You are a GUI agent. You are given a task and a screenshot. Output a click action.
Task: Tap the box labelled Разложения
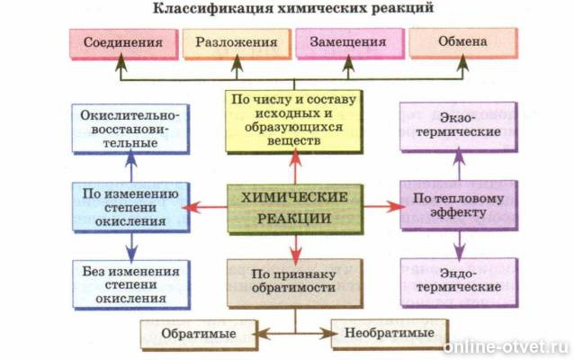[x=235, y=43]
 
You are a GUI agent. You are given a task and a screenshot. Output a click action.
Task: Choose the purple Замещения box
[x=347, y=43]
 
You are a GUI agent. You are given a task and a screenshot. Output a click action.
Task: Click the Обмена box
[x=462, y=43]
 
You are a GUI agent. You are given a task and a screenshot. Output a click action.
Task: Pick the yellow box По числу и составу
[x=292, y=121]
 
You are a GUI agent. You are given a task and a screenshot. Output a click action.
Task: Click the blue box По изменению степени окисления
[x=130, y=207]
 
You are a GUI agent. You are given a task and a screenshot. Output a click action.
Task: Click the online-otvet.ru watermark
[x=509, y=346]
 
